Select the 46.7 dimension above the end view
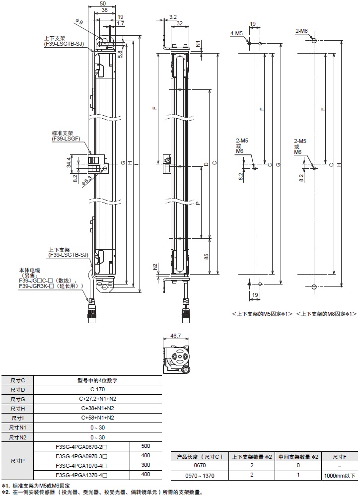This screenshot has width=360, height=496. click(176, 336)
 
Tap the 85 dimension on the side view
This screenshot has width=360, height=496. click(206, 257)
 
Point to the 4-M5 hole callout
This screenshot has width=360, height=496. click(236, 33)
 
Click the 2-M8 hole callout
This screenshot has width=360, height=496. click(301, 31)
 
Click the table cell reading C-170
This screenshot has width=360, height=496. click(97, 389)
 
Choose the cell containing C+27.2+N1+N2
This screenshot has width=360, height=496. click(97, 399)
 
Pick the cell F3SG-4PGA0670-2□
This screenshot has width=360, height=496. click(81, 446)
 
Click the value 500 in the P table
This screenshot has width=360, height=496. click(145, 446)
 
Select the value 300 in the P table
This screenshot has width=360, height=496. click(145, 465)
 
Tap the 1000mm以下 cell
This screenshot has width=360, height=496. click(339, 475)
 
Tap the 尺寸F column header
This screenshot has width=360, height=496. click(339, 456)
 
